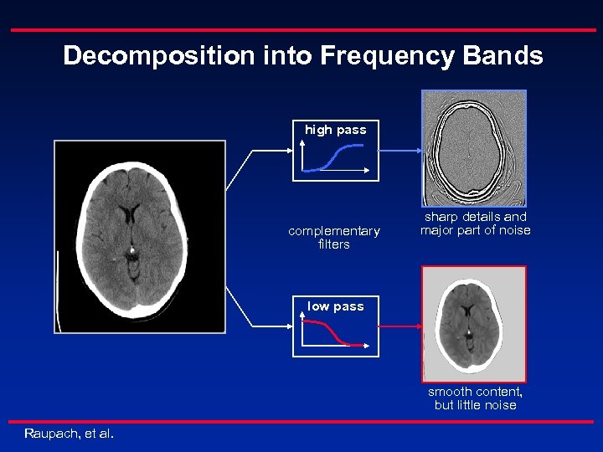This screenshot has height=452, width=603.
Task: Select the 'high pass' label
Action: (x=335, y=130)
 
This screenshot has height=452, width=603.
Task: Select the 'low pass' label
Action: (x=335, y=306)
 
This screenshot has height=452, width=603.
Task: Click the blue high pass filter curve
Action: (x=335, y=157)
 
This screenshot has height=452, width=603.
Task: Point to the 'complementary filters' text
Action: (x=333, y=238)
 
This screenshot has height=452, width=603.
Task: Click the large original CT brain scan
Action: (x=140, y=237)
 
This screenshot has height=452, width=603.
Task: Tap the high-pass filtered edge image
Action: (x=474, y=147)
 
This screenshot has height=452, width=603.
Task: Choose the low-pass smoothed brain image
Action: (x=474, y=324)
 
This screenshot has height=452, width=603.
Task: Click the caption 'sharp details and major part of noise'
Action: (x=475, y=223)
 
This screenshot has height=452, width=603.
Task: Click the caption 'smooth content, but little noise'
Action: (x=475, y=398)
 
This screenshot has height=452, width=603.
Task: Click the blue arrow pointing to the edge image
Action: (x=400, y=152)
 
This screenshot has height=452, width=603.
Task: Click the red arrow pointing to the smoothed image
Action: (x=400, y=326)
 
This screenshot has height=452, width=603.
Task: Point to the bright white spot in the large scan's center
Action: (x=132, y=249)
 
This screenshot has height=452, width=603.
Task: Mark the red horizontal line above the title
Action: (x=301, y=29)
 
